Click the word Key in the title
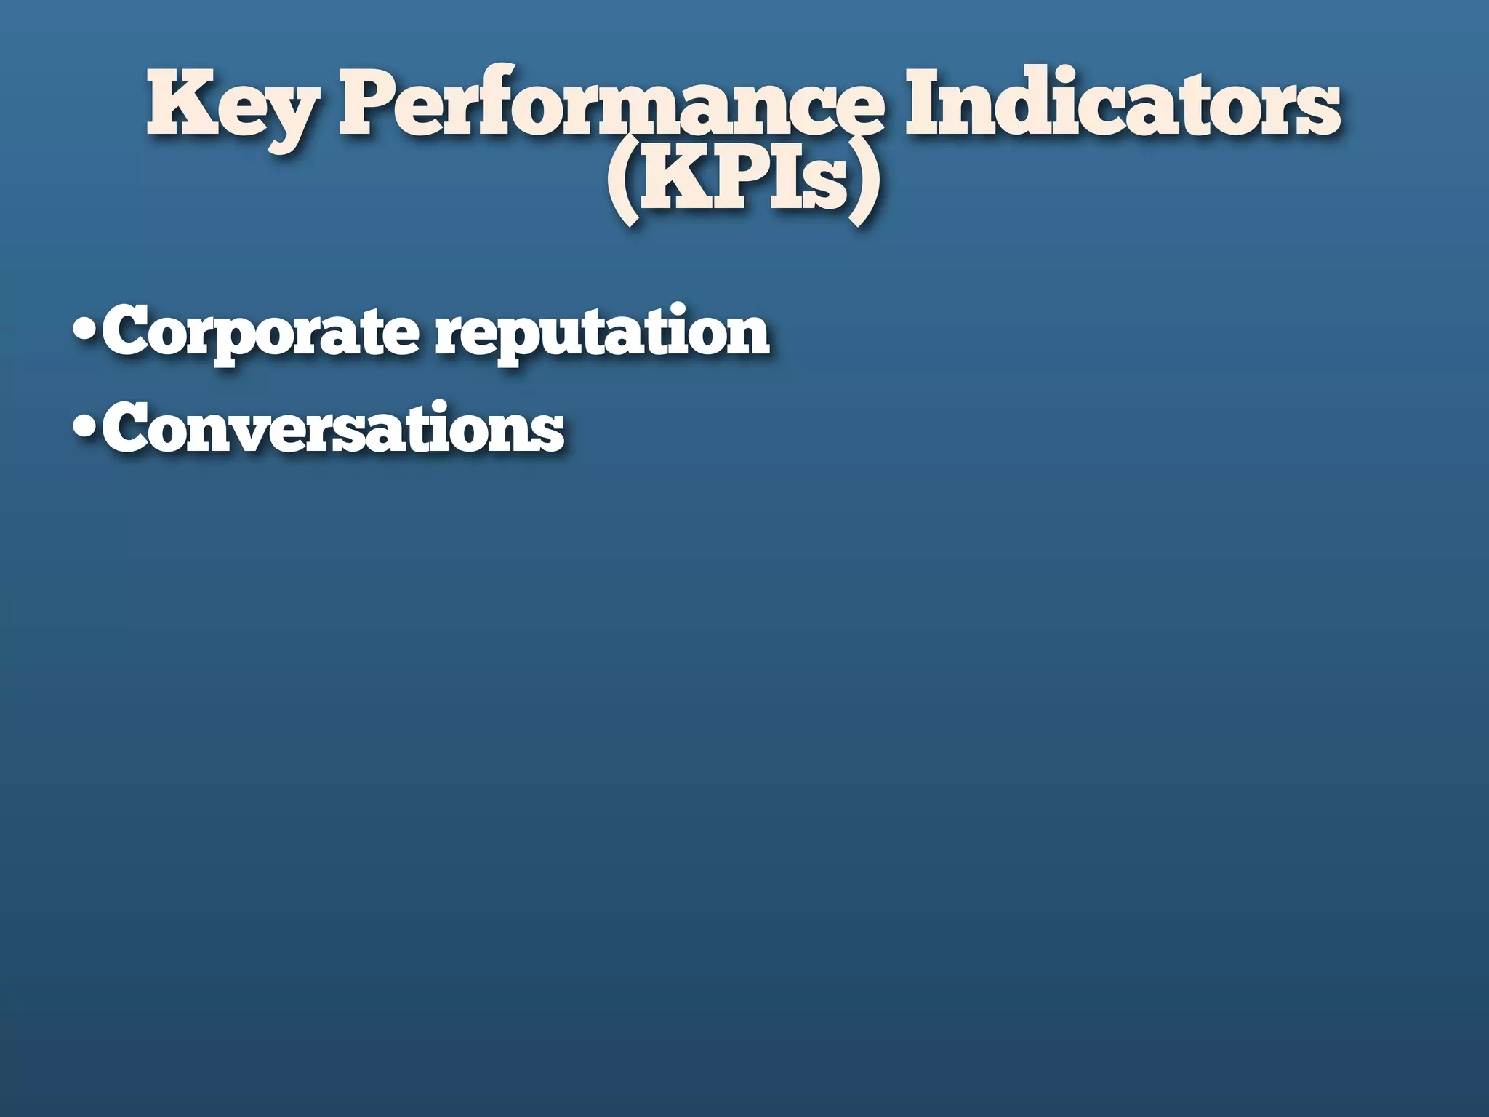click(231, 106)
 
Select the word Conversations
click(333, 428)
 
